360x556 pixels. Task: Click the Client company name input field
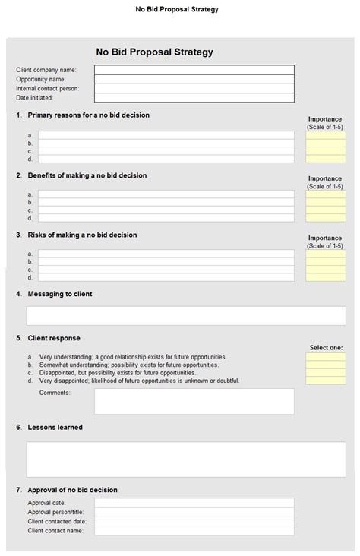194,70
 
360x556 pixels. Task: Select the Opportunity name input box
194,79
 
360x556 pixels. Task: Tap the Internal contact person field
194,88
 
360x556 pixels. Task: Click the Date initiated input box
194,97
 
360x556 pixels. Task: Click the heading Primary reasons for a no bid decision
88,115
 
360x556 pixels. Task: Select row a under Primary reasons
166,135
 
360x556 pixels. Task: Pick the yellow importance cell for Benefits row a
325,194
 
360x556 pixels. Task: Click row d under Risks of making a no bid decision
166,277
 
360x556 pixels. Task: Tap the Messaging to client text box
186,315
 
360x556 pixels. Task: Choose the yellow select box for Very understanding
325,356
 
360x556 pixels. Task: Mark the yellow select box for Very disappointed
325,381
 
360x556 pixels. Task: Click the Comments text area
194,401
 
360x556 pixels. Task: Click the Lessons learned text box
186,459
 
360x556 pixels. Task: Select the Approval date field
194,503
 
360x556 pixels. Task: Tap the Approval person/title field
194,512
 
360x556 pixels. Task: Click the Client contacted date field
194,521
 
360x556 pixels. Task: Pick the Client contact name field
194,530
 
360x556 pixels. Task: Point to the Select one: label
325,347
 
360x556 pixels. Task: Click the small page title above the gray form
177,9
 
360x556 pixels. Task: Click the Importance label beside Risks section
325,238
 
